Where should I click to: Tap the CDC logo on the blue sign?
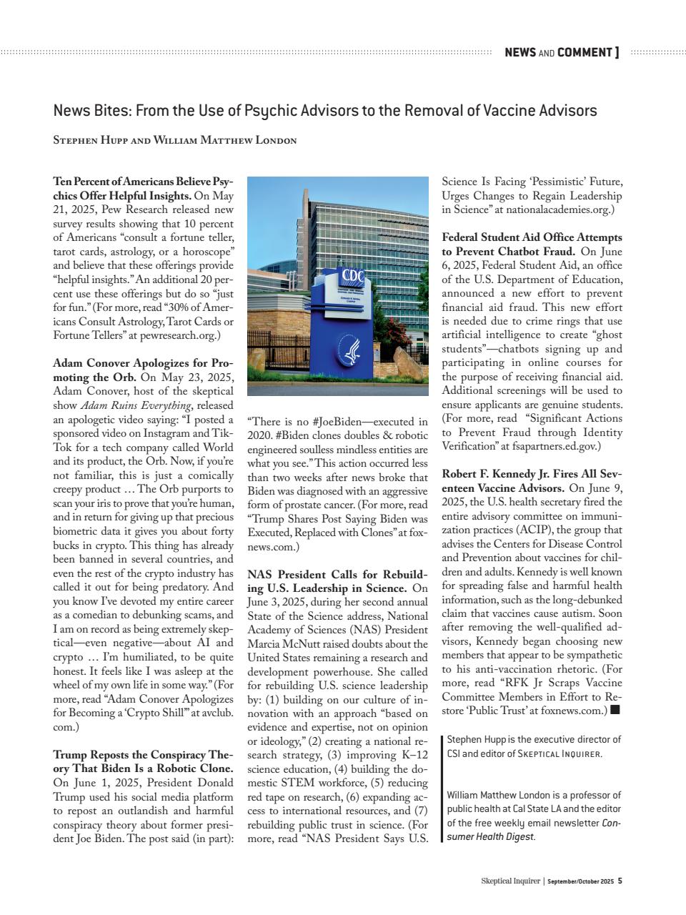coord(354,275)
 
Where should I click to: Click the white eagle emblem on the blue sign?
coord(352,352)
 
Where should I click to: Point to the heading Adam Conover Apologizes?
coord(142,363)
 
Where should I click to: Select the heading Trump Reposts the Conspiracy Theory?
coord(142,755)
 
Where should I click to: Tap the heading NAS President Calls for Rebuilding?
coord(337,575)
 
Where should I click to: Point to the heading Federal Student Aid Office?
coord(531,237)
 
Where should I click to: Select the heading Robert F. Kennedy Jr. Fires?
coord(531,474)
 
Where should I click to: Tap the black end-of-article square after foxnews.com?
coord(615,711)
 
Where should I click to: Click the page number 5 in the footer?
coord(620,881)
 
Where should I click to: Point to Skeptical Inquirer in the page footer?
coord(510,881)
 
